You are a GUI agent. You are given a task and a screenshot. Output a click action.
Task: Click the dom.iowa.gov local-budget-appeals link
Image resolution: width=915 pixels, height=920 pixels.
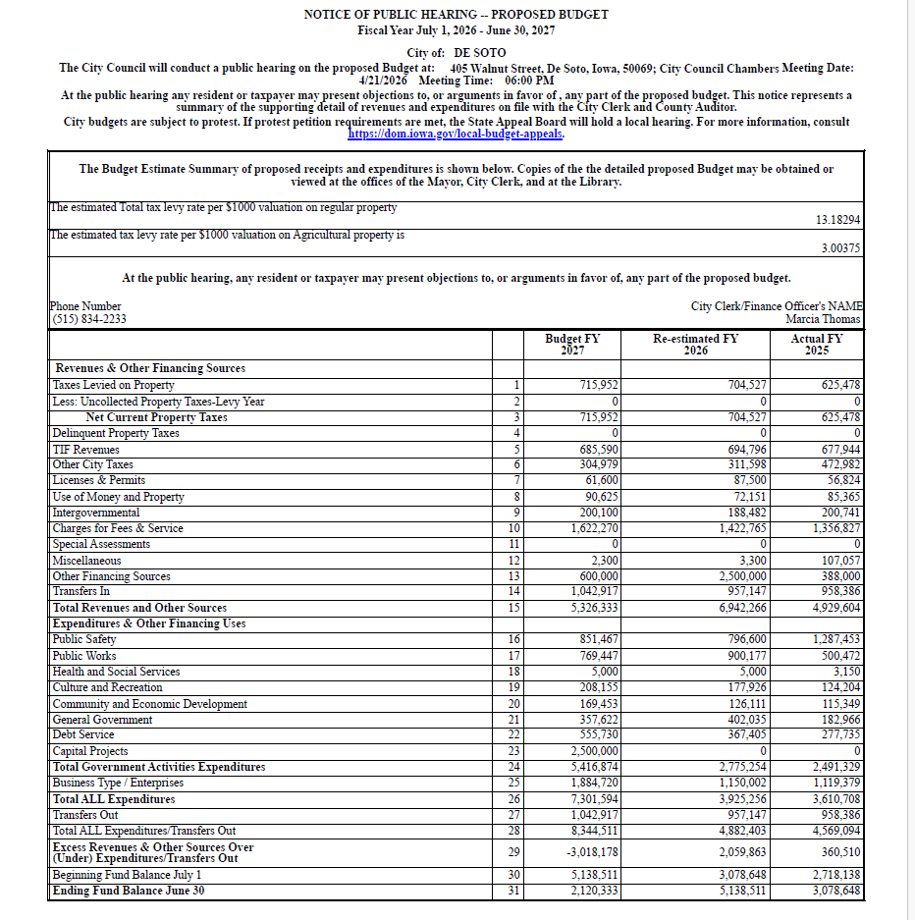[x=456, y=134]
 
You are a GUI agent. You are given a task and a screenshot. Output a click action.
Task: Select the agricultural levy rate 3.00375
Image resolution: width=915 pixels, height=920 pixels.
[x=840, y=249]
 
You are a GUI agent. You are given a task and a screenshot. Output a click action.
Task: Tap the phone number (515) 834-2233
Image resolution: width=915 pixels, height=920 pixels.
[x=88, y=319]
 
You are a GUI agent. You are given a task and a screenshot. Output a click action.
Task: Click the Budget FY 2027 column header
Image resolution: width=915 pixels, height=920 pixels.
[x=572, y=345]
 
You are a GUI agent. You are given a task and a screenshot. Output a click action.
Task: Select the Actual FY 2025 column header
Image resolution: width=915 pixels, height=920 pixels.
[x=816, y=345]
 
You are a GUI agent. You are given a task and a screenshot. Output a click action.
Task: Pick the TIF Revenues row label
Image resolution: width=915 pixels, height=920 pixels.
[x=85, y=449]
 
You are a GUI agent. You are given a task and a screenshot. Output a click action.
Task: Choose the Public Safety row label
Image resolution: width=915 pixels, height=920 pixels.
[x=84, y=639]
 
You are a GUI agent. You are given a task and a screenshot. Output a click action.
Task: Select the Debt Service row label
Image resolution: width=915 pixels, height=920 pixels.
[x=83, y=734]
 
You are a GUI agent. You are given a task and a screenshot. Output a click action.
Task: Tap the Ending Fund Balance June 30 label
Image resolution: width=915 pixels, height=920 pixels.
[x=129, y=892]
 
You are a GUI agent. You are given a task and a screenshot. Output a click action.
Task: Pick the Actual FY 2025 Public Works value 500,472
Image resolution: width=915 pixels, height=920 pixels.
[x=838, y=656]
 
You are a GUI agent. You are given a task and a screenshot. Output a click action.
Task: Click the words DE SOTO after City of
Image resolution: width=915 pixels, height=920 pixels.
[x=479, y=52]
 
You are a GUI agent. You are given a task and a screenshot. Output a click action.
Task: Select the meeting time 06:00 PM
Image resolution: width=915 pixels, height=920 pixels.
[x=530, y=81]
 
